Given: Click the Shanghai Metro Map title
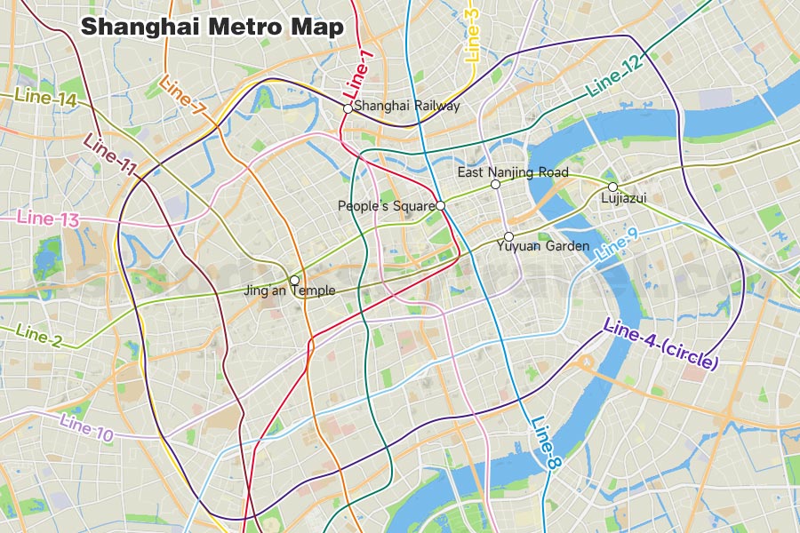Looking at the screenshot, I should click(x=212, y=27).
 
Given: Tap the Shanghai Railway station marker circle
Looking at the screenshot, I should click(x=348, y=107).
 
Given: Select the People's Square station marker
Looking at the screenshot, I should click(x=441, y=205).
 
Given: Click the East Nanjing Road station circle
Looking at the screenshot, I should click(x=496, y=185).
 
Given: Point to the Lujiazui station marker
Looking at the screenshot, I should click(x=612, y=187).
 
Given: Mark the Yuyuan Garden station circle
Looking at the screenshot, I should click(x=508, y=236).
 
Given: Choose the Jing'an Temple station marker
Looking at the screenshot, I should click(x=295, y=280).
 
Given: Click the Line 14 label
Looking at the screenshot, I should click(x=45, y=99).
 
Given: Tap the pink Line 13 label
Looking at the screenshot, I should click(x=48, y=218).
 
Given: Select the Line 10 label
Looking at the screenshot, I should click(x=87, y=427).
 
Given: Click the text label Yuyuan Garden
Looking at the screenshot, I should click(x=543, y=246).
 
